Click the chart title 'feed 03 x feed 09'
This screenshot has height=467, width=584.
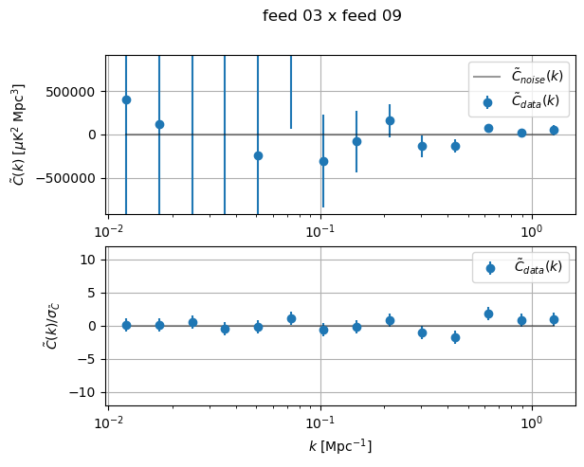click(332, 16)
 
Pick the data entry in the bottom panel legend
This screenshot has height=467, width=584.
click(520, 267)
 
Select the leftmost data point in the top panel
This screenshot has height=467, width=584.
click(126, 99)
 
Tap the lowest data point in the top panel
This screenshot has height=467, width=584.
click(323, 161)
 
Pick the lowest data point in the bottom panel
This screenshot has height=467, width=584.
click(455, 337)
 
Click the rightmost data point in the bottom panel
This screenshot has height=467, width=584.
click(554, 319)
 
